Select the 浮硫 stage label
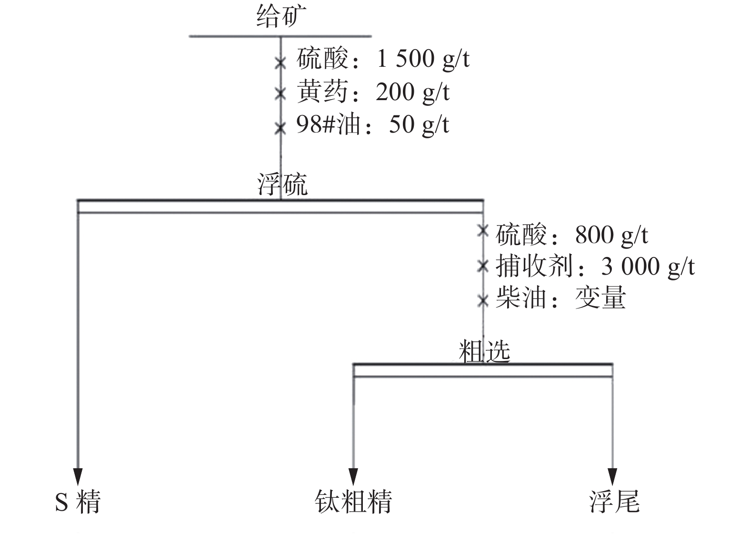pyautogui.click(x=282, y=185)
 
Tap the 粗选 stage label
pyautogui.click(x=484, y=351)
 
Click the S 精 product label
pyautogui.click(x=78, y=502)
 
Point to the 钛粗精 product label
pyautogui.click(x=353, y=502)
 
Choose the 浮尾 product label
pyautogui.click(x=614, y=502)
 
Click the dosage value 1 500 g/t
pyautogui.click(x=423, y=60)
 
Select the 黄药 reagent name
pyautogui.click(x=322, y=92)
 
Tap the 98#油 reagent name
pyautogui.click(x=328, y=125)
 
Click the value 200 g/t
pyautogui.click(x=412, y=92)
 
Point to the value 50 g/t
pyautogui.click(x=419, y=125)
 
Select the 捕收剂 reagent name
pyautogui.click(x=534, y=266)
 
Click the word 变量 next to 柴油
pyautogui.click(x=600, y=298)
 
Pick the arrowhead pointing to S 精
pyautogui.click(x=78, y=476)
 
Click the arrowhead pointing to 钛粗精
pyautogui.click(x=353, y=476)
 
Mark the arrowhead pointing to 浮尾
pyautogui.click(x=612, y=476)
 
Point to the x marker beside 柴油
pyautogui.click(x=483, y=300)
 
